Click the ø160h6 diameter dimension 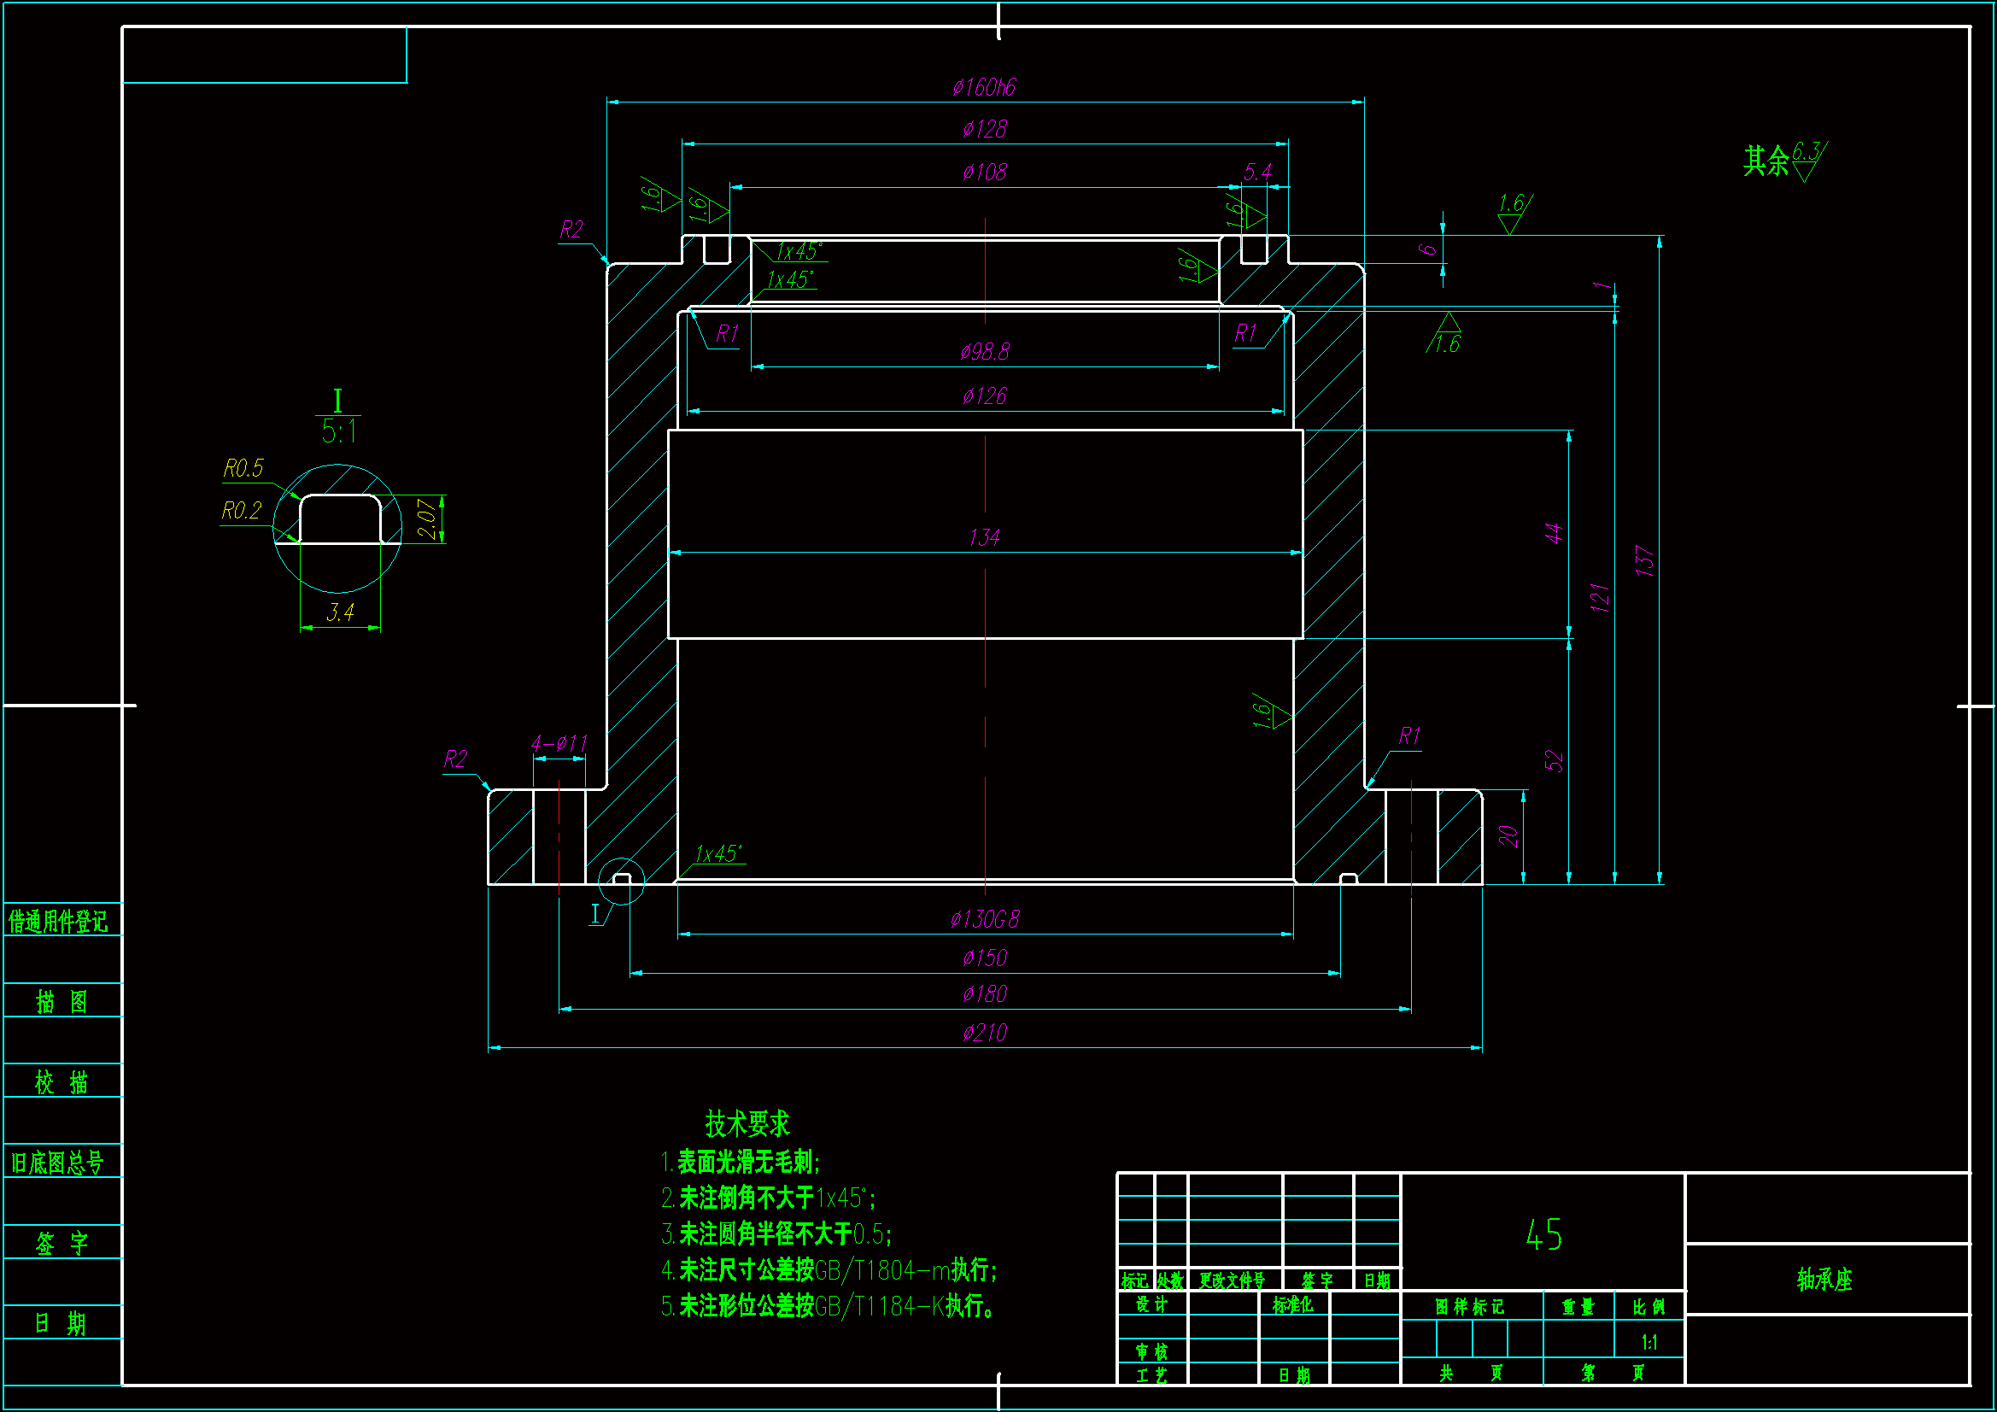[x=984, y=87]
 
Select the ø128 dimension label [x=984, y=130]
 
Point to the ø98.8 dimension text [x=985, y=351]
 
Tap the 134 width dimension [x=984, y=537]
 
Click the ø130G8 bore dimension [x=985, y=919]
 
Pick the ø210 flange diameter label [x=985, y=1033]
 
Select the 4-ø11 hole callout [x=559, y=744]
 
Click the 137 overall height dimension [x=1644, y=561]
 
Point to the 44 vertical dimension [x=1554, y=533]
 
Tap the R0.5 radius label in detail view [x=243, y=469]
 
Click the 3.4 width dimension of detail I [x=340, y=612]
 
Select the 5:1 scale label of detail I [x=338, y=431]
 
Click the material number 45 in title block [x=1543, y=1234]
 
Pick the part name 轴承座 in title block [x=1824, y=1279]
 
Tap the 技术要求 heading [x=747, y=1124]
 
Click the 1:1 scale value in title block [x=1649, y=1343]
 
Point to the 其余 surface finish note [x=1766, y=161]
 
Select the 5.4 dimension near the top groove [x=1257, y=173]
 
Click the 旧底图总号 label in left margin [x=57, y=1163]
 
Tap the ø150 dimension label [x=985, y=958]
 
